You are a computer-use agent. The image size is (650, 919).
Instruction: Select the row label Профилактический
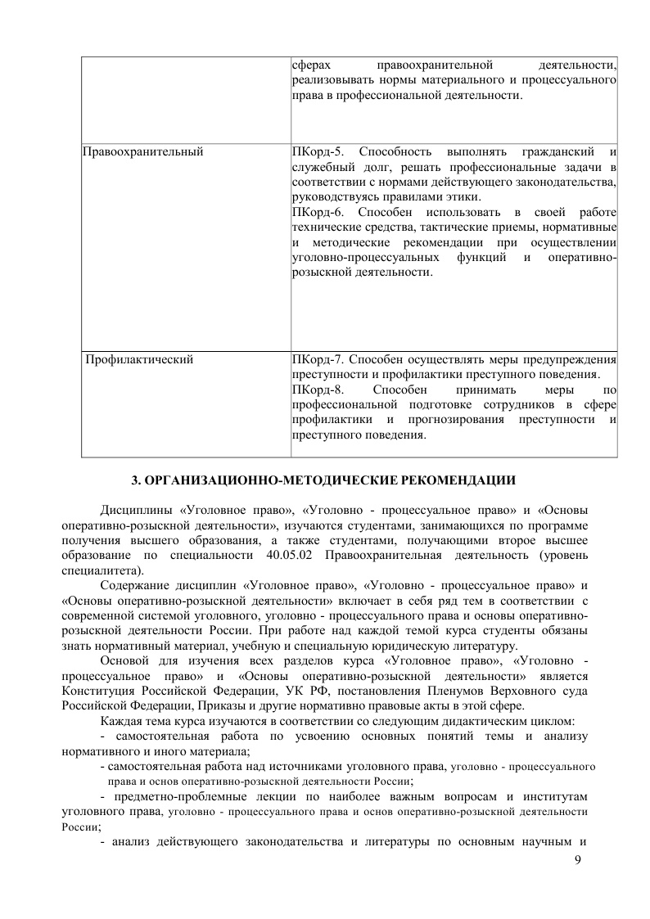pos(140,358)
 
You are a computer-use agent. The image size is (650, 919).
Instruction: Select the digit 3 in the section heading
pos(137,479)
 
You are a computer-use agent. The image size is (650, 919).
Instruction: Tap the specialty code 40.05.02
pos(293,556)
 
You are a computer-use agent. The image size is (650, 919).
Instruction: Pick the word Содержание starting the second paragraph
pos(134,586)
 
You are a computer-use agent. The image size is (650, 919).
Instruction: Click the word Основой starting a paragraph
pos(124,660)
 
